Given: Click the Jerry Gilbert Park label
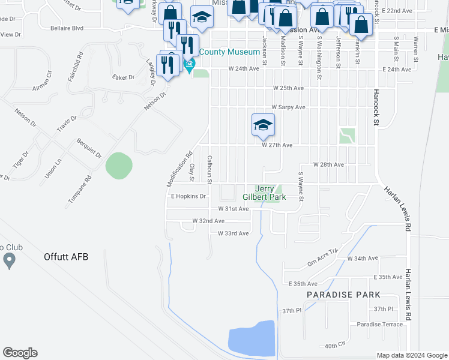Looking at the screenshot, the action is [x=264, y=192].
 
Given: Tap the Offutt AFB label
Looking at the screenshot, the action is [x=66, y=257].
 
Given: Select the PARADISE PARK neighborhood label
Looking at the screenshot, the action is [x=343, y=295].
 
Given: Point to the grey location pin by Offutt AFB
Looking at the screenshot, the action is [x=9, y=260].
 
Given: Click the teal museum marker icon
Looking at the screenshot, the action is [x=190, y=65].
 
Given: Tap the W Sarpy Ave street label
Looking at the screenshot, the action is [x=288, y=107].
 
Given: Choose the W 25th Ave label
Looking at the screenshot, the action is [x=288, y=88].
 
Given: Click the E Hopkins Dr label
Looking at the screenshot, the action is [x=188, y=196].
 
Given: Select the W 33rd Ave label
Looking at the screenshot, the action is [x=233, y=233].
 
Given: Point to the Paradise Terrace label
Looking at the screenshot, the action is [x=379, y=325].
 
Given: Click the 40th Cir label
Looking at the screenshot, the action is [x=336, y=346].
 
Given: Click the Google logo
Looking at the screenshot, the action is [x=20, y=353].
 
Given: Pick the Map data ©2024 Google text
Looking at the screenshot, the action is [x=411, y=355].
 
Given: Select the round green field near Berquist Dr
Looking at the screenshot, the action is [x=119, y=165].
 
